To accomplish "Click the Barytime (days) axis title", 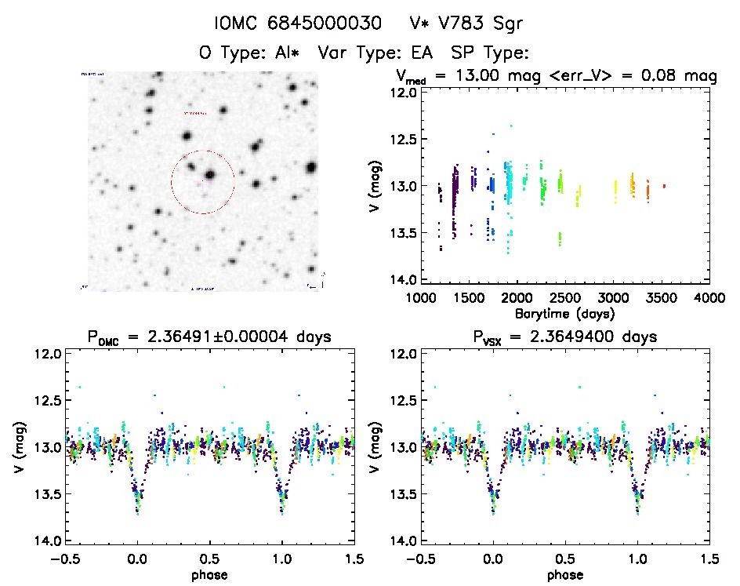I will (564, 313).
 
